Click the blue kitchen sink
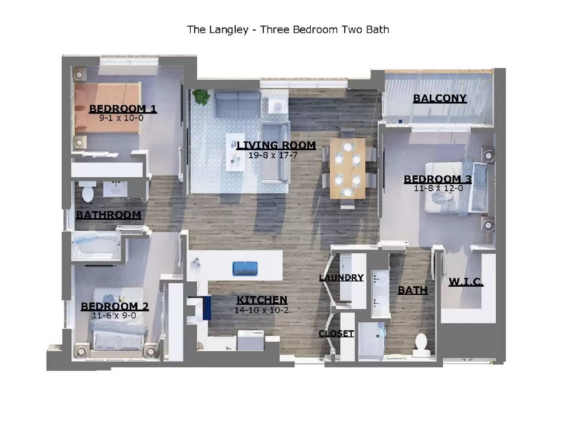tap(245, 269)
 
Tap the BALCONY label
tap(440, 98)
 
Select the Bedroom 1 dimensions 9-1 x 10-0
tap(121, 118)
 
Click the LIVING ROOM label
tap(276, 145)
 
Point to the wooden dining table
tap(347, 168)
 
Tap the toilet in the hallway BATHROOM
tap(87, 191)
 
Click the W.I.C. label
tap(466, 282)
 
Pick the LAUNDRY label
tap(341, 278)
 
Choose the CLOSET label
tap(336, 334)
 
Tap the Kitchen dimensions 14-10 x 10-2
tap(261, 311)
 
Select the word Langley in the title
tap(228, 30)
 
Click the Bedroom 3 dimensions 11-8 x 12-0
tap(438, 189)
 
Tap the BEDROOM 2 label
tap(115, 306)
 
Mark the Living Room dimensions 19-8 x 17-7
tap(273, 155)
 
